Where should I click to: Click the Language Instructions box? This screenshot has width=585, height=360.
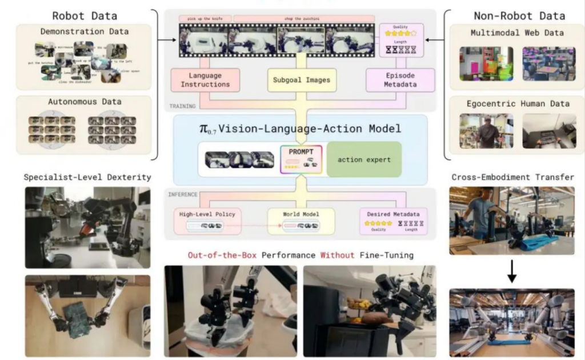pyautogui.click(x=205, y=80)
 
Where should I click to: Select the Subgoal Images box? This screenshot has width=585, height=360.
pyautogui.click(x=302, y=80)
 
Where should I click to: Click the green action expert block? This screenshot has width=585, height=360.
pyautogui.click(x=364, y=159)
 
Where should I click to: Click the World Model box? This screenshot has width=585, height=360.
pyautogui.click(x=301, y=220)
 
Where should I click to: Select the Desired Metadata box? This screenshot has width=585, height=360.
pyautogui.click(x=394, y=220)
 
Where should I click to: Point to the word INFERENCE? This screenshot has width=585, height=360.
pyautogui.click(x=183, y=194)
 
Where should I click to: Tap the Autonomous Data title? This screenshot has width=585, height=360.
pyautogui.click(x=84, y=102)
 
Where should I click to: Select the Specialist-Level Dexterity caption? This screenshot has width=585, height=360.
pyautogui.click(x=87, y=177)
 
